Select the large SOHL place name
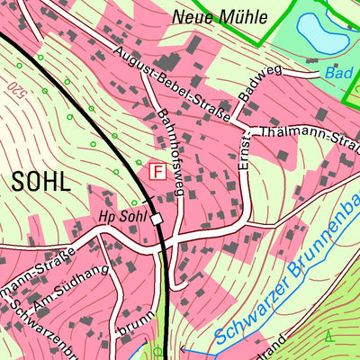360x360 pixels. (40, 180)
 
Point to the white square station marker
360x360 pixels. (157, 219)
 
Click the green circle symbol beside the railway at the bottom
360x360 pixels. (158, 352)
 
